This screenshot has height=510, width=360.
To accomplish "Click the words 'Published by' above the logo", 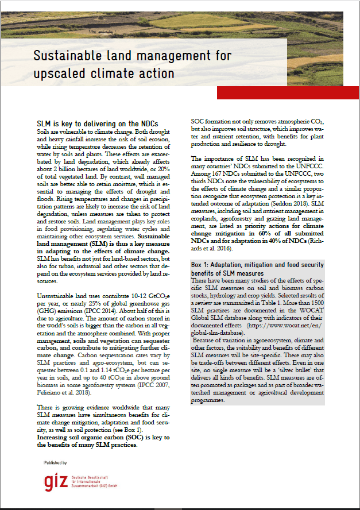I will point(55,462).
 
